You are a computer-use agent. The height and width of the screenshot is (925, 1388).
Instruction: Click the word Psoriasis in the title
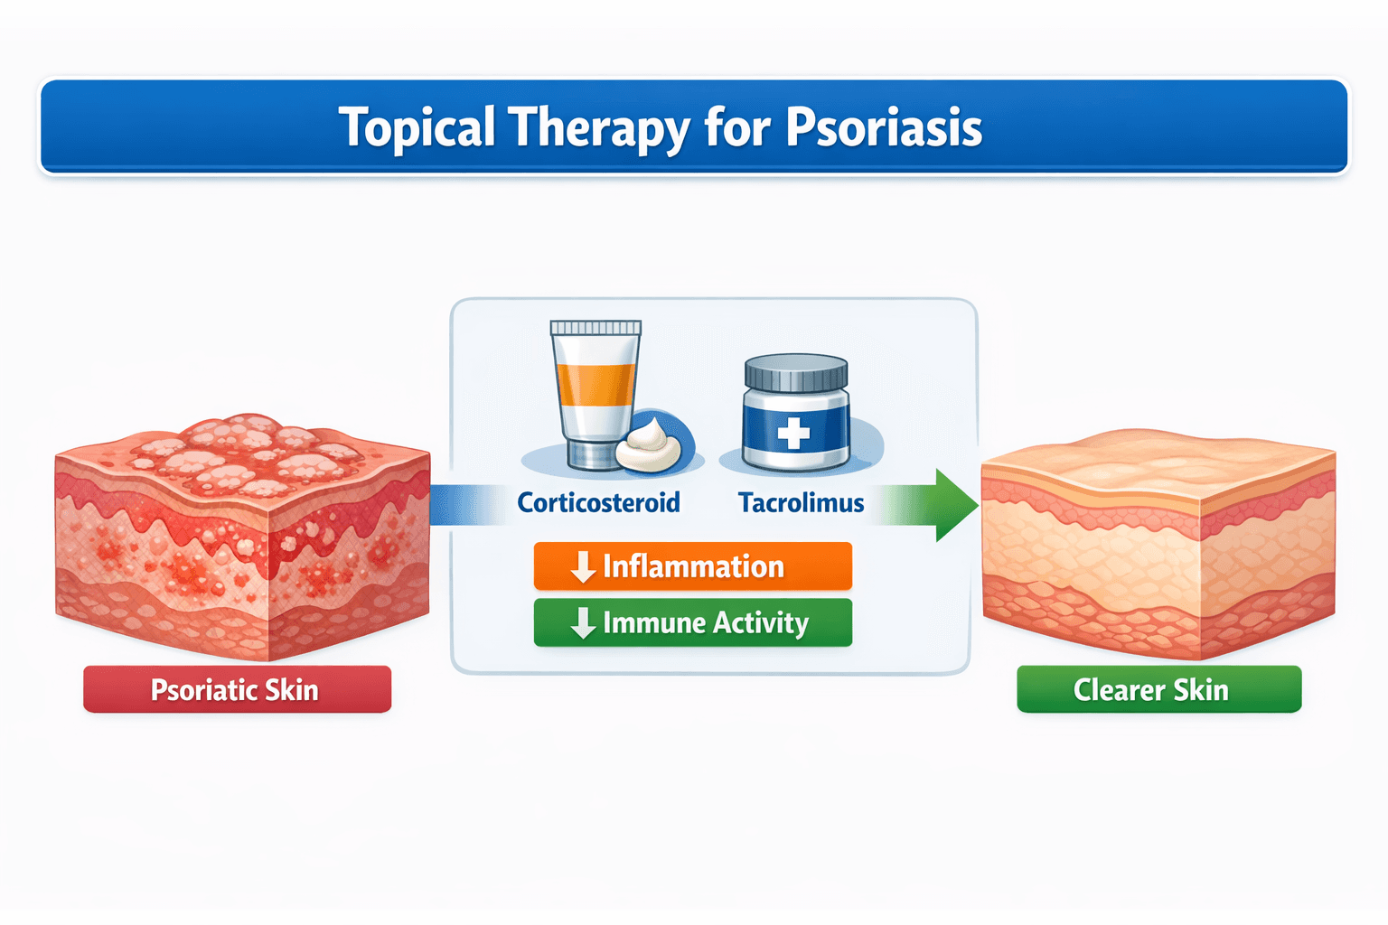click(x=883, y=127)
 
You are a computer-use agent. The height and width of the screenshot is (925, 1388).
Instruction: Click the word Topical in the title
click(x=417, y=127)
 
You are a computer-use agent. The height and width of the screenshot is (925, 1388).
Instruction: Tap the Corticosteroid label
click(x=598, y=502)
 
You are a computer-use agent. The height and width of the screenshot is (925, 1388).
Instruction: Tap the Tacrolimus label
click(x=801, y=502)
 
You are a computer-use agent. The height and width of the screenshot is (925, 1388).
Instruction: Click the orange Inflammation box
click(x=692, y=566)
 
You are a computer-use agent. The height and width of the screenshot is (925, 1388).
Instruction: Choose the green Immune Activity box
click(x=692, y=622)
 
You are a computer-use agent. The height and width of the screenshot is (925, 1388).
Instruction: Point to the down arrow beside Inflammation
click(x=583, y=566)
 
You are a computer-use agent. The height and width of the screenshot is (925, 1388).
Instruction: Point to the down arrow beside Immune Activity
click(x=583, y=622)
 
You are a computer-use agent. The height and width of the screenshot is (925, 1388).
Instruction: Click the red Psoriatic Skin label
click(x=237, y=690)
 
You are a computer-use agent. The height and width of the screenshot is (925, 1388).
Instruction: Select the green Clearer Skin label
click(x=1158, y=690)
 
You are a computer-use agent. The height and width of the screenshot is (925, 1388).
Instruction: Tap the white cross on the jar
click(x=793, y=434)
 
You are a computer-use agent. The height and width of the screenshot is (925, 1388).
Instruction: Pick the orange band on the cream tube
click(x=596, y=384)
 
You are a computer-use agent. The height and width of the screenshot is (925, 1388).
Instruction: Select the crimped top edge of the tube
click(x=596, y=328)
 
